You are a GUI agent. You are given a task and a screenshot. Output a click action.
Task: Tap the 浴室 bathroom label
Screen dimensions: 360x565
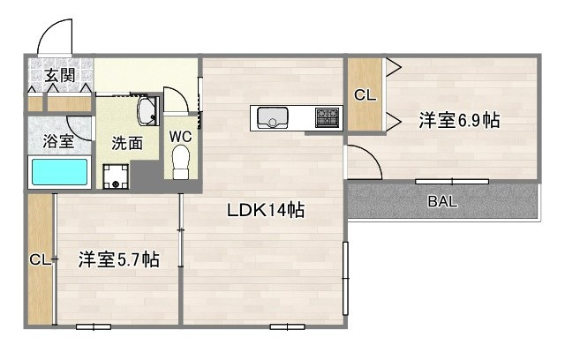[58, 141]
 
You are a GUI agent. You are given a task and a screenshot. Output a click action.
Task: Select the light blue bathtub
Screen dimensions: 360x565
[60, 172]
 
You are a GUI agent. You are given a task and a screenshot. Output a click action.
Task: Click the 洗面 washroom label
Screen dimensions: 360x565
[126, 144]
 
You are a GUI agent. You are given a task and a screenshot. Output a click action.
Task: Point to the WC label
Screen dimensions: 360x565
[181, 136]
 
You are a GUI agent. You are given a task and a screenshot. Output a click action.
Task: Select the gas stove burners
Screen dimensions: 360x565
[328, 117]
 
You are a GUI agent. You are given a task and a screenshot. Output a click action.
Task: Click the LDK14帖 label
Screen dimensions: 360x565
[266, 211]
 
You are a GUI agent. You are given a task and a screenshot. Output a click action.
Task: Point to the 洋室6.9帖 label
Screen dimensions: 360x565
[458, 121]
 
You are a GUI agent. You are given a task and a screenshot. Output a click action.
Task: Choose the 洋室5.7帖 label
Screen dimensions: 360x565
[118, 260]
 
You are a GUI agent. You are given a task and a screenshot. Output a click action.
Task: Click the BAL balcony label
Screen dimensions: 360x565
[442, 201]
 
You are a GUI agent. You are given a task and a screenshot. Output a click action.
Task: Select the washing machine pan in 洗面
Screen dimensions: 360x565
[116, 176]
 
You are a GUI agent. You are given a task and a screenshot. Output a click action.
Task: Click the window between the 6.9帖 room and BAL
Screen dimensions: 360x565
[452, 181]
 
